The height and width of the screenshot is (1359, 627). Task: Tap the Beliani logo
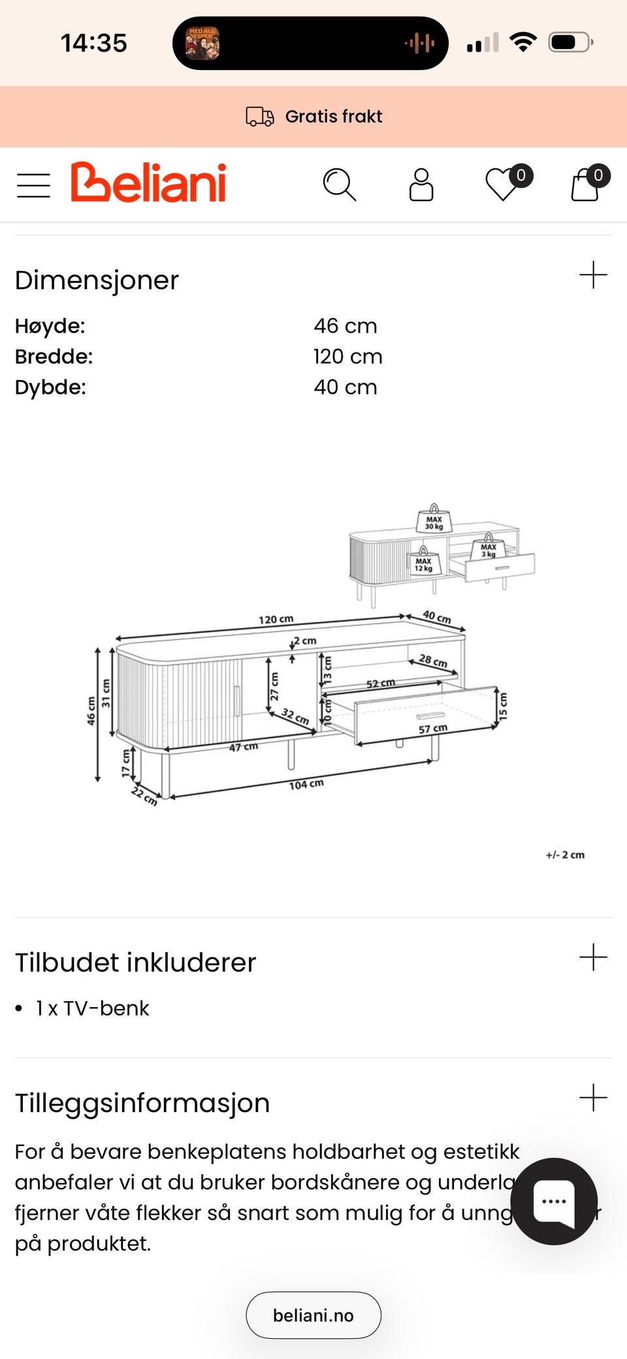point(149,183)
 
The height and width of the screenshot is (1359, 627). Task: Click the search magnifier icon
point(339,185)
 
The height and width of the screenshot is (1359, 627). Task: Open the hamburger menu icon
point(33,185)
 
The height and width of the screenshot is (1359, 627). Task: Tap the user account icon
point(421,185)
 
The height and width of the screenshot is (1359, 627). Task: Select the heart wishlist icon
point(504,185)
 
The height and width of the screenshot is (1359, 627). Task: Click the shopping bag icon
point(585,185)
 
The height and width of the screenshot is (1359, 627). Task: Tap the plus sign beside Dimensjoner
point(593,275)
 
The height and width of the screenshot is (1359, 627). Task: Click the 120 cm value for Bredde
point(347,357)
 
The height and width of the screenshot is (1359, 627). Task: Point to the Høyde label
point(50,326)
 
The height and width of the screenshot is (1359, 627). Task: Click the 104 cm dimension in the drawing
point(306,784)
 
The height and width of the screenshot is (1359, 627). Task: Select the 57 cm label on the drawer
point(432,728)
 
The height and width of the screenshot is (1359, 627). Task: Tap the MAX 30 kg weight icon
point(434,520)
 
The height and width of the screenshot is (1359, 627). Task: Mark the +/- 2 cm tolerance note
point(565,855)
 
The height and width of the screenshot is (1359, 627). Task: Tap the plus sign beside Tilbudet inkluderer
point(593,957)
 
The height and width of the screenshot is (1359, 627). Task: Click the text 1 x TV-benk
point(92,1008)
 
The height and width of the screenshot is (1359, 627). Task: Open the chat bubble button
point(554,1201)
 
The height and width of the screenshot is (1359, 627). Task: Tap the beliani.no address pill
point(313,1315)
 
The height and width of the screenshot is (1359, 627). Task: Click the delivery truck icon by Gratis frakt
point(259,116)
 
